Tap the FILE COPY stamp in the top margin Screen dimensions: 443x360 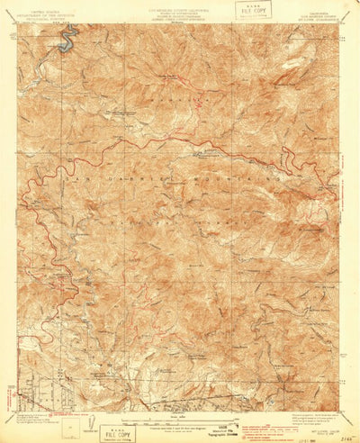pos(253,10)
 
